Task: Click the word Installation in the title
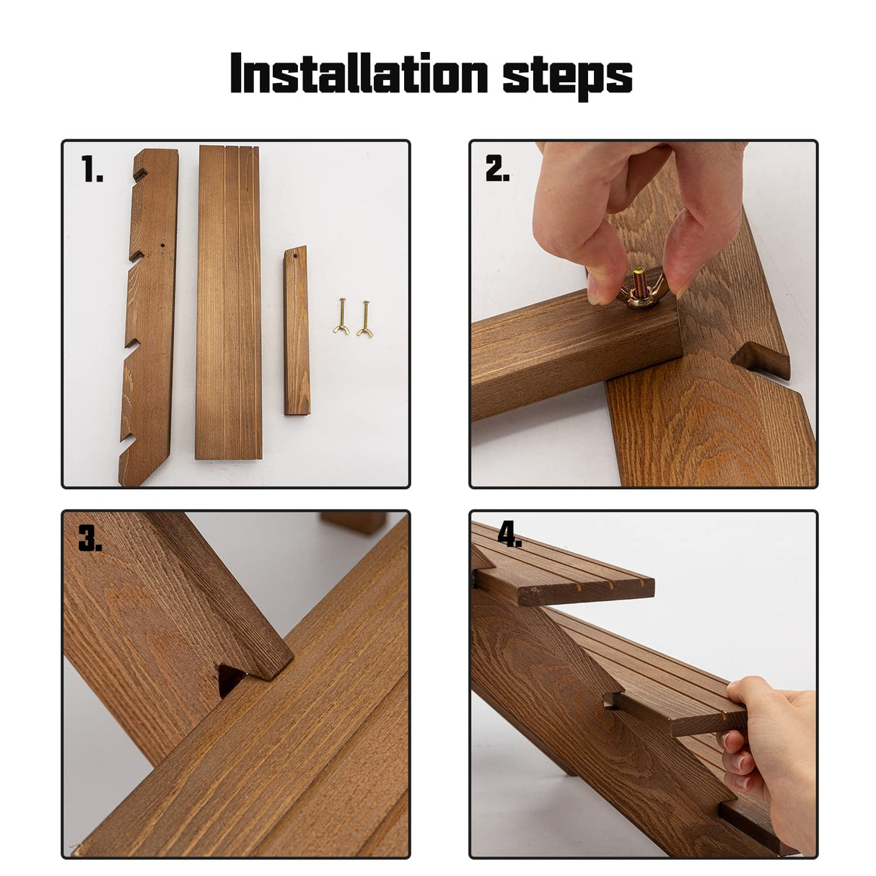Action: click(x=359, y=73)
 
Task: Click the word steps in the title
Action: click(x=567, y=77)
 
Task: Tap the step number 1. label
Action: click(x=92, y=168)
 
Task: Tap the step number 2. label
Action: click(x=497, y=168)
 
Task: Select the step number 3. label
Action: click(x=90, y=538)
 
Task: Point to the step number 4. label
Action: click(x=509, y=534)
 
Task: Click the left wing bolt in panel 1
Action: click(x=341, y=317)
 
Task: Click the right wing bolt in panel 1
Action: click(x=364, y=319)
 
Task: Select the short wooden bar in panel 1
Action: click(x=297, y=330)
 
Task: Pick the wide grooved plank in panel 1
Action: click(x=228, y=303)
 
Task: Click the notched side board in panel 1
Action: click(x=149, y=317)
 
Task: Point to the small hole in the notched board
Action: click(x=162, y=246)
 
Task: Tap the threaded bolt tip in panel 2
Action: click(x=639, y=276)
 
